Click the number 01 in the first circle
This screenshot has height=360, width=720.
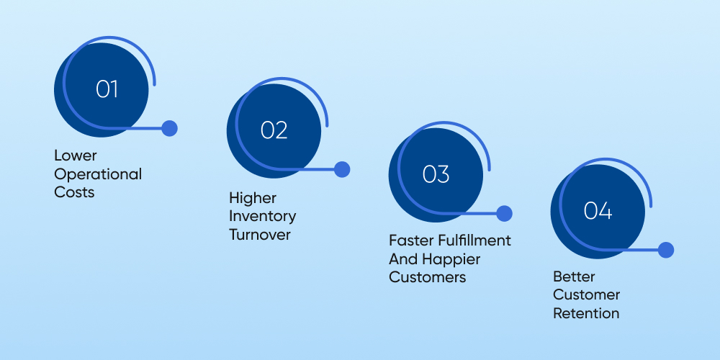tap(107, 89)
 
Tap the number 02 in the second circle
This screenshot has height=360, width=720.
tap(274, 130)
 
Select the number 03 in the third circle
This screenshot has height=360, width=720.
tap(436, 174)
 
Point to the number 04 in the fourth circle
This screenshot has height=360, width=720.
tap(598, 211)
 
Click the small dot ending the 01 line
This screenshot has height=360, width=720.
tap(169, 128)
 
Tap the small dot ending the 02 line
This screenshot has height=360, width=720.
tap(342, 169)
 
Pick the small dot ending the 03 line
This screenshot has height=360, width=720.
tap(504, 213)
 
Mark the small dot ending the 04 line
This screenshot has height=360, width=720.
tap(666, 250)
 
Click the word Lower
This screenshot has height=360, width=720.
tap(76, 156)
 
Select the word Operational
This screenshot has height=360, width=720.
tap(98, 174)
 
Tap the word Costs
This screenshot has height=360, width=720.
tap(74, 192)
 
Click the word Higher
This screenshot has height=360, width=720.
tap(253, 197)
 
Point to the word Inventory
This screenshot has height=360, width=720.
tap(262, 216)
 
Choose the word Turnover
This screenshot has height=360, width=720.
tap(260, 235)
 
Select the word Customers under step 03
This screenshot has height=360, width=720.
tap(428, 277)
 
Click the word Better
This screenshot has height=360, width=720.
tap(574, 276)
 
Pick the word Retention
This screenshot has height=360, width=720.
tap(586, 313)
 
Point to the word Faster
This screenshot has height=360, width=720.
tap(408, 240)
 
